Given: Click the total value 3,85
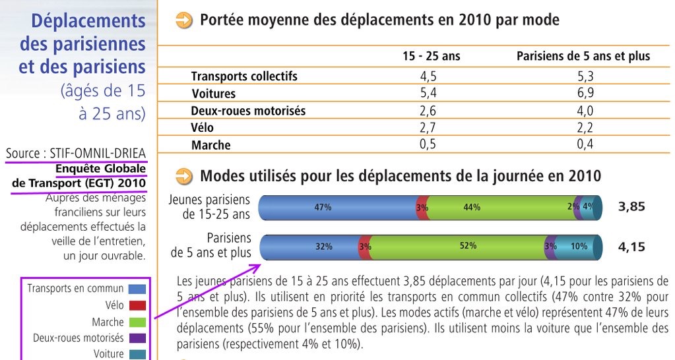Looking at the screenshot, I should click(x=631, y=207).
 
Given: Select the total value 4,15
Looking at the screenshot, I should click(x=631, y=247).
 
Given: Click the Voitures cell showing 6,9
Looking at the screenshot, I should click(x=585, y=93).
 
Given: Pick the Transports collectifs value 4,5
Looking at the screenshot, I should click(x=428, y=76).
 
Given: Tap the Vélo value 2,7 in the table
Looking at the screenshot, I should click(x=428, y=127).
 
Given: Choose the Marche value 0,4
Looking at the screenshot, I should click(x=585, y=144).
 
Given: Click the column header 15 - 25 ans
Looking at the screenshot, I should click(x=432, y=56).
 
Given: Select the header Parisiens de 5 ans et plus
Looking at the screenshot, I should click(x=583, y=56).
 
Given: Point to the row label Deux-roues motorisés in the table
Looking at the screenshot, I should click(x=248, y=111).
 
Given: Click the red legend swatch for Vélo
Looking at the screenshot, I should click(x=137, y=305).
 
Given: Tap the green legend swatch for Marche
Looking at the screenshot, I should click(x=137, y=322).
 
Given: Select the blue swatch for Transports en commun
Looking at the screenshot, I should click(x=137, y=289).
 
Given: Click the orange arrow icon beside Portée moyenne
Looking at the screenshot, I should click(x=185, y=20).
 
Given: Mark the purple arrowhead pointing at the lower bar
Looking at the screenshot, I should click(x=255, y=267).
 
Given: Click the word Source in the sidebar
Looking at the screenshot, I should click(x=22, y=154).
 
